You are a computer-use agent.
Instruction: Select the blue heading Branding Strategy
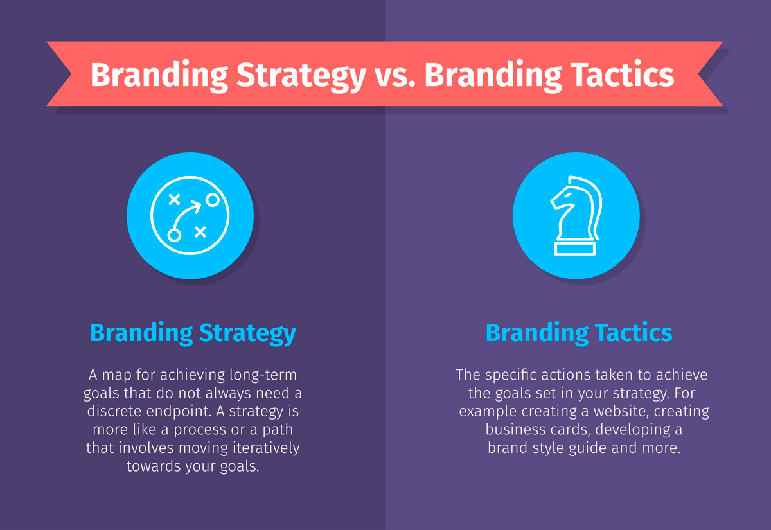pyautogui.click(x=193, y=333)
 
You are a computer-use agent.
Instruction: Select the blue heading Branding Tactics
pyautogui.click(x=579, y=333)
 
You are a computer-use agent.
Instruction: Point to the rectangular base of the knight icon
pyautogui.click(x=576, y=249)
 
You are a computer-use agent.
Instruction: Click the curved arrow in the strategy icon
pyautogui.click(x=191, y=212)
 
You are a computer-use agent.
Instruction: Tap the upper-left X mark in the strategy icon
pyautogui.click(x=173, y=199)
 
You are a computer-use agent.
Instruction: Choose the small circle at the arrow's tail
pyautogui.click(x=173, y=234)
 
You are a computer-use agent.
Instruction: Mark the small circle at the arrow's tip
pyautogui.click(x=212, y=200)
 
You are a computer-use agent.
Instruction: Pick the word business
pyautogui.click(x=512, y=429)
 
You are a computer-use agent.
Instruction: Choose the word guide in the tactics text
pyautogui.click(x=585, y=448)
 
